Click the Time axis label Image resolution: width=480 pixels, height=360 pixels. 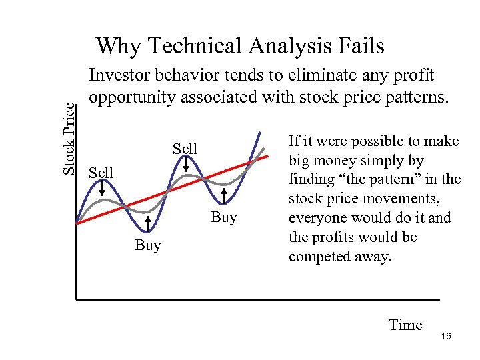coord(405,325)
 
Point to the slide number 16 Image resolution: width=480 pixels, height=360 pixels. coord(446,337)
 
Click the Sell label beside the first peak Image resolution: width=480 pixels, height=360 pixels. coord(101,173)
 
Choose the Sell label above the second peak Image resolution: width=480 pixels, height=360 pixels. coord(185,149)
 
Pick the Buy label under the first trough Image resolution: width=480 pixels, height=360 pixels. coord(147,245)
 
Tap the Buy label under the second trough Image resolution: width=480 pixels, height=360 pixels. coord(224,217)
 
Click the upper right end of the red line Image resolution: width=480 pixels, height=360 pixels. coord(267,156)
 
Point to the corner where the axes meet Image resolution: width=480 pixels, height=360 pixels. coord(77,299)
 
